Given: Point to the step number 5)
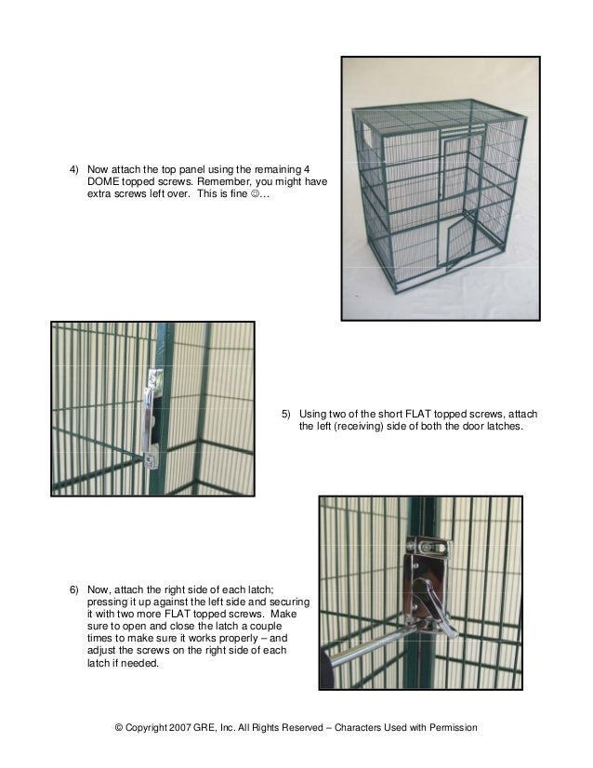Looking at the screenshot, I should (286, 414).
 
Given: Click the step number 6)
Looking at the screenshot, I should (75, 590).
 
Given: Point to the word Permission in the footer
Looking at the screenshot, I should (452, 727).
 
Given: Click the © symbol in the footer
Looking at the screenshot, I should (119, 727).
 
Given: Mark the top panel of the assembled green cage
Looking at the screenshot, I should (437, 118).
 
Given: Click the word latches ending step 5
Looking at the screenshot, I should (503, 427).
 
